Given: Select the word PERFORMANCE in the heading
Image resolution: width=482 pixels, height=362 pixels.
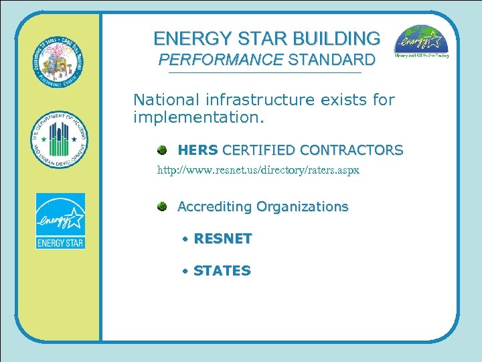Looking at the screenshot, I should click(x=220, y=60).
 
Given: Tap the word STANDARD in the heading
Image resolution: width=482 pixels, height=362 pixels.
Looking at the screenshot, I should click(x=332, y=60).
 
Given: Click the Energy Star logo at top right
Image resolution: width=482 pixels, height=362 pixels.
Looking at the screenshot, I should click(x=421, y=42).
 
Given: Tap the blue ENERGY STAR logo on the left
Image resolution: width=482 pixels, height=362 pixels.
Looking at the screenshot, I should click(x=60, y=221).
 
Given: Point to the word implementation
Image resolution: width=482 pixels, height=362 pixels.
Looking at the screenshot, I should click(x=199, y=119).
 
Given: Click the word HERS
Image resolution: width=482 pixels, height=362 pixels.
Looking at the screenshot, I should click(x=197, y=149).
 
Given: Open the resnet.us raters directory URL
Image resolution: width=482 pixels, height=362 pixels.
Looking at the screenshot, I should click(x=258, y=170).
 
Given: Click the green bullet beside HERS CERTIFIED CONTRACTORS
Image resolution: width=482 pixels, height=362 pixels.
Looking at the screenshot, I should click(x=163, y=149).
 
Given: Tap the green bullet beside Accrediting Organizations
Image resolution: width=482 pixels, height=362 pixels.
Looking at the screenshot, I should click(x=163, y=206).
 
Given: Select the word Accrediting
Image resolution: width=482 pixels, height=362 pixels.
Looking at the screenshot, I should click(x=214, y=206).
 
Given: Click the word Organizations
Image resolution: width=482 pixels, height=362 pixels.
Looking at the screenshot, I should click(x=303, y=206).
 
